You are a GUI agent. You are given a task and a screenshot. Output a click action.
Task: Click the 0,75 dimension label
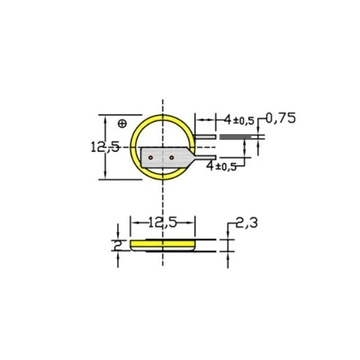pyautogui.click(x=281, y=118)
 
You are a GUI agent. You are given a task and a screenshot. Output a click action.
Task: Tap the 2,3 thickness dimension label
pyautogui.click(x=247, y=223)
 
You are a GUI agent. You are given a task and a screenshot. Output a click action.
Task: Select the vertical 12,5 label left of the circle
pyautogui.click(x=106, y=147)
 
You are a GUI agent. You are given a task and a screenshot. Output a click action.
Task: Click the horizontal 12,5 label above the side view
pyautogui.click(x=163, y=223)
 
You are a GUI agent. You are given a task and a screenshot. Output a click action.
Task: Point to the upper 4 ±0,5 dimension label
pyautogui.click(x=239, y=120)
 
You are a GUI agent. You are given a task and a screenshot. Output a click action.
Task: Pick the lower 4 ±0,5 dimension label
pyautogui.click(x=221, y=166)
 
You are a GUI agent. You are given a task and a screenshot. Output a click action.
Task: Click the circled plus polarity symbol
pyautogui.click(x=122, y=124)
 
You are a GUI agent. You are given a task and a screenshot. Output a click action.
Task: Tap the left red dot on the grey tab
pyautogui.click(x=151, y=158)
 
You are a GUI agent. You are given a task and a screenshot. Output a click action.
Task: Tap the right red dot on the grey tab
pyautogui.click(x=172, y=157)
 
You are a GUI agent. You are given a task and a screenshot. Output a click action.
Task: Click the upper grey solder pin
pyautogui.click(x=205, y=137)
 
